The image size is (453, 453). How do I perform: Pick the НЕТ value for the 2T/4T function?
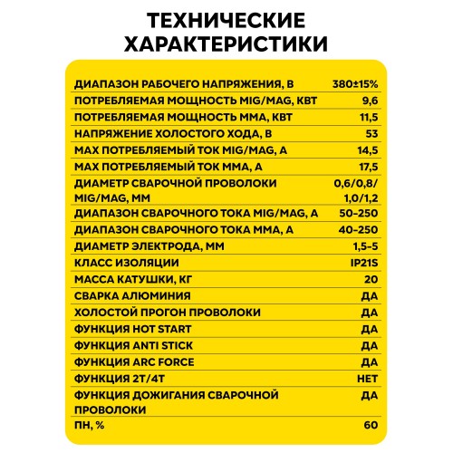point(366,378)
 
